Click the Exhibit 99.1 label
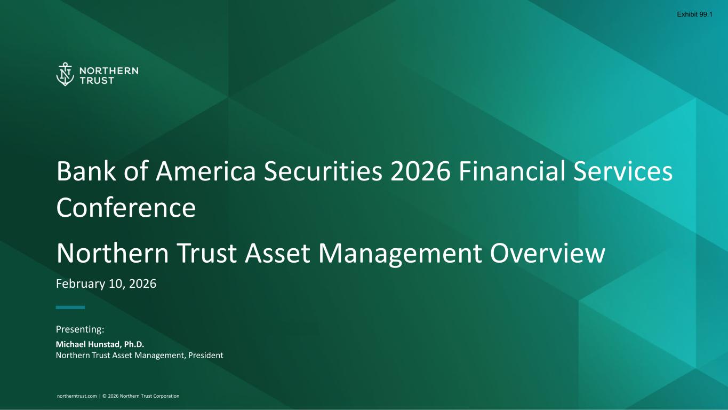[x=694, y=14]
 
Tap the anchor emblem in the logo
[x=65, y=75]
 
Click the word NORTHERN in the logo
[x=109, y=70]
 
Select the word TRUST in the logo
[x=97, y=81]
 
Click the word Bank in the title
[x=86, y=171]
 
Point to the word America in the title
[x=206, y=171]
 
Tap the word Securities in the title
[x=323, y=171]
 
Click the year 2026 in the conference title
[x=421, y=171]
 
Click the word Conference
[x=126, y=208]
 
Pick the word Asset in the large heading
[x=277, y=253]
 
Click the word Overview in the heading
[x=548, y=253]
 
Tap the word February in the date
[x=81, y=284]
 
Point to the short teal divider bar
[x=70, y=307]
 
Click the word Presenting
[x=80, y=329]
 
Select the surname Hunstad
[x=105, y=344]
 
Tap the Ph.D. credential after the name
[x=134, y=344]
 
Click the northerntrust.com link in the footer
[x=77, y=396]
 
